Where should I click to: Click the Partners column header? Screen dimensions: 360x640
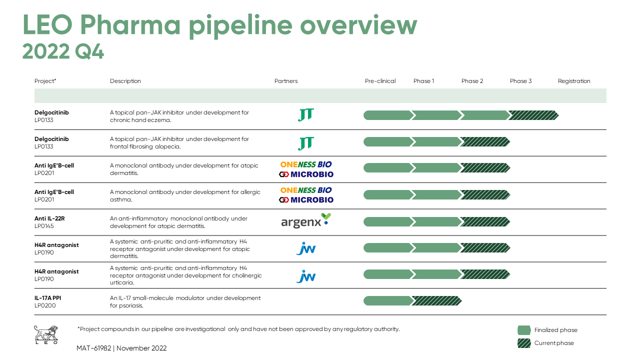tap(285, 81)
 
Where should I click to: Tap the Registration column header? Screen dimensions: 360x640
tap(574, 81)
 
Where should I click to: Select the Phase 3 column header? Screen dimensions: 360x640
tap(520, 81)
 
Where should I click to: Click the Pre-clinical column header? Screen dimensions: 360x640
tap(380, 81)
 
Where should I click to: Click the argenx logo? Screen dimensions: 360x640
tap(305, 221)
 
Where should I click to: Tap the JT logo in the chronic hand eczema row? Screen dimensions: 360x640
tap(305, 115)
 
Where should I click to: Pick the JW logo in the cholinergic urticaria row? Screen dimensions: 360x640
tap(305, 276)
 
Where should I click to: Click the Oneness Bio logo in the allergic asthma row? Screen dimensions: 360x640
tap(305, 190)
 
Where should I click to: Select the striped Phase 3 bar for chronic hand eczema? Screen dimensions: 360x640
tap(533, 115)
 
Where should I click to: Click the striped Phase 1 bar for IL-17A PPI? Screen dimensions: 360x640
tap(436, 301)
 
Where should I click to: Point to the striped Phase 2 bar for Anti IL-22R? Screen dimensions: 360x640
tap(484, 221)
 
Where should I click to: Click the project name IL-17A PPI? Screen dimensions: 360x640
tap(47, 298)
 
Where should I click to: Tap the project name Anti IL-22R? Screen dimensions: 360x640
tap(49, 218)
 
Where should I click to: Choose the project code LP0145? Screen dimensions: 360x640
tap(44, 226)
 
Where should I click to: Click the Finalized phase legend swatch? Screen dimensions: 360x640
tap(524, 330)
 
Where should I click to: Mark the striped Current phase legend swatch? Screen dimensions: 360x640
tap(524, 343)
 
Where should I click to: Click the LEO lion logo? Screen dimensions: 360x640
tap(45, 334)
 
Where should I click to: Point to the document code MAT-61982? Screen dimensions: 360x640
tap(94, 348)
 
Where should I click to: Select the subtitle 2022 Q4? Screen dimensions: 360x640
tap(63, 51)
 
